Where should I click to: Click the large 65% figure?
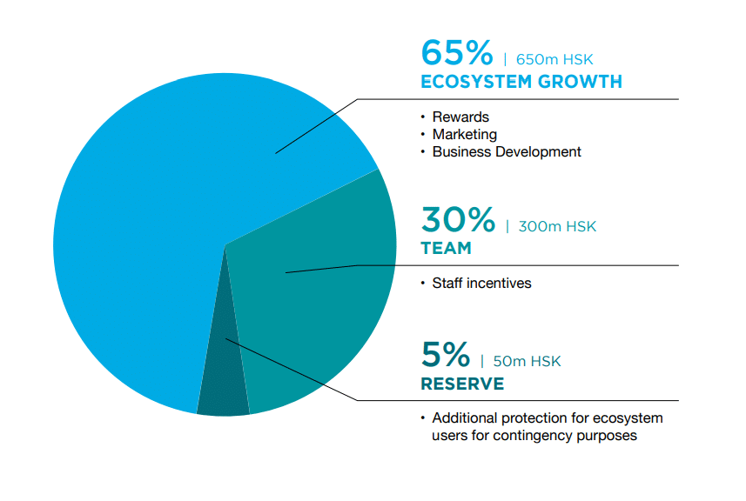(x=457, y=53)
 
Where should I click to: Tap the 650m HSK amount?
(x=554, y=59)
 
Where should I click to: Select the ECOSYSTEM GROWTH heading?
(x=521, y=82)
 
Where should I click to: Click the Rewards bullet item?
(x=460, y=117)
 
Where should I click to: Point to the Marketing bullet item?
(x=464, y=135)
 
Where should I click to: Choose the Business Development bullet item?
(x=507, y=151)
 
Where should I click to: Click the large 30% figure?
(x=458, y=219)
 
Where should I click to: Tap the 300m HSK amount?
(x=557, y=226)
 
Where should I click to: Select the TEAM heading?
(x=447, y=248)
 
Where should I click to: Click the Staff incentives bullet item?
(x=481, y=284)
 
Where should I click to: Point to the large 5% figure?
(x=446, y=355)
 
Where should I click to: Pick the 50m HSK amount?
(x=528, y=361)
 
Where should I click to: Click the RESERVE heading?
(x=462, y=384)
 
